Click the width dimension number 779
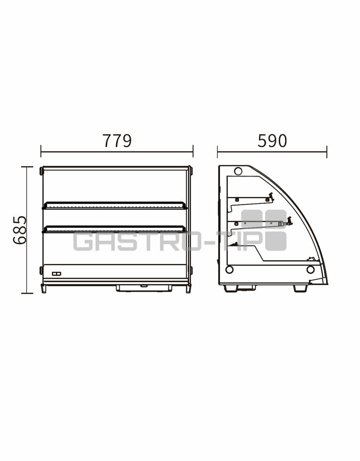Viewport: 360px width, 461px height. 117,141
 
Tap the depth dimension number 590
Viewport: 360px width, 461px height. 272,141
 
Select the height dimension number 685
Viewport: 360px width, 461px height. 20,230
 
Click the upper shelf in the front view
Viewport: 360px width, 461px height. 115,206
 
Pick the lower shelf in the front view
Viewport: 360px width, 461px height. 115,230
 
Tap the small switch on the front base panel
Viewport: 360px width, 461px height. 56,274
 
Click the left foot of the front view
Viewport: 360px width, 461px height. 43,288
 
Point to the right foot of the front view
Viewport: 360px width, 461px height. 188,288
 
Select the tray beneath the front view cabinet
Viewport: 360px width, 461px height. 144,288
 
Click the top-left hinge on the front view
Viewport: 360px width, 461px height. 41,171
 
